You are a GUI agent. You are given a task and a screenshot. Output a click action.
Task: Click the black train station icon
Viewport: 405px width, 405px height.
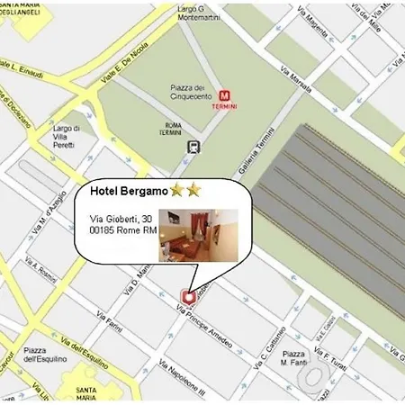point(193,146)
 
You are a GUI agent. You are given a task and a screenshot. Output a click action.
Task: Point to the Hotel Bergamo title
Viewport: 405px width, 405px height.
point(129,191)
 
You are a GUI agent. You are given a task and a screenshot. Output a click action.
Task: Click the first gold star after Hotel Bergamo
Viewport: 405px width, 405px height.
point(177,191)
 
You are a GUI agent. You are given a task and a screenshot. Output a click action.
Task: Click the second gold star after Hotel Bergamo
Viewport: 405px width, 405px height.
point(193,191)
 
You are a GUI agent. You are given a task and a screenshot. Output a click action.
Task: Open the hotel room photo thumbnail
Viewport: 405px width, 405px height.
point(198,235)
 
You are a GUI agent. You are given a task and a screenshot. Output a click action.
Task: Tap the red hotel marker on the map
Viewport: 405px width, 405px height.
point(189,295)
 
